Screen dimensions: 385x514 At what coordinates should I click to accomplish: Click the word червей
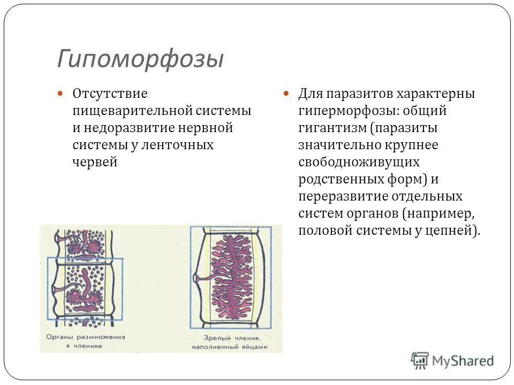(94, 162)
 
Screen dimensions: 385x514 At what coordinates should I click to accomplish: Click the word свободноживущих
(359, 162)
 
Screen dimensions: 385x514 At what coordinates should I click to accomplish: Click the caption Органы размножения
(86, 337)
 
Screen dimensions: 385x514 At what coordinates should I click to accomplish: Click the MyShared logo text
(463, 361)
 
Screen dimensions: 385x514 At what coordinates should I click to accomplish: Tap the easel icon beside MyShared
(420, 361)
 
